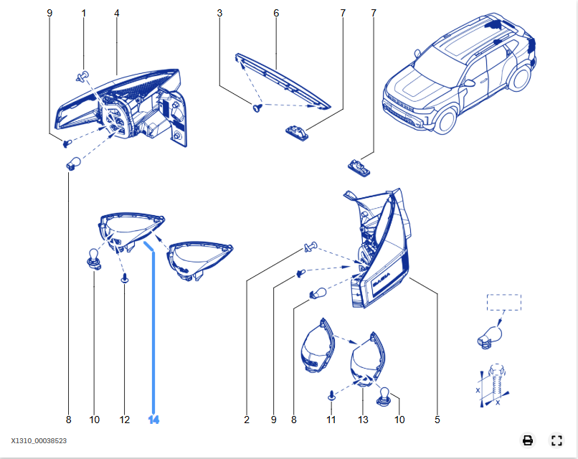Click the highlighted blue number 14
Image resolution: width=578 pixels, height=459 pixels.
click(153, 420)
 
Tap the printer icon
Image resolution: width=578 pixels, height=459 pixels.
click(528, 440)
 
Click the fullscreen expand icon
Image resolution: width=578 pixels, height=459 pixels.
click(556, 440)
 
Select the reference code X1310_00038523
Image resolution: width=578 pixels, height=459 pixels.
click(39, 440)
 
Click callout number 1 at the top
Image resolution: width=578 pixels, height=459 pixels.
click(84, 14)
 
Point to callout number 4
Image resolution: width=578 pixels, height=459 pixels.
click(116, 14)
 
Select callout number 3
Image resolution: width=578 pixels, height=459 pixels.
click(219, 14)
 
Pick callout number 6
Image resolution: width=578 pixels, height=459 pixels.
click(276, 14)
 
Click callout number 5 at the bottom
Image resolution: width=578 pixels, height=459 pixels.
click(437, 420)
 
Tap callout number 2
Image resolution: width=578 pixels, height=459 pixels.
click(247, 420)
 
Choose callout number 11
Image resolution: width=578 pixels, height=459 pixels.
click(331, 420)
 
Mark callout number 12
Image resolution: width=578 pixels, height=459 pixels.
click(125, 420)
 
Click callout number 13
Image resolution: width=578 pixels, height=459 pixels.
click(363, 420)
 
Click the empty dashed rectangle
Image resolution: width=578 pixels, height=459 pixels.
click(504, 295)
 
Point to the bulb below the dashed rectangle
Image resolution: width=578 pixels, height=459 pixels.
click(490, 337)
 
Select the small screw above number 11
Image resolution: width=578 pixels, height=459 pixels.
click(331, 396)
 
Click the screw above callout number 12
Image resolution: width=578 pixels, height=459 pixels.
click(125, 278)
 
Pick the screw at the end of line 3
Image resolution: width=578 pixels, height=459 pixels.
click(257, 108)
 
